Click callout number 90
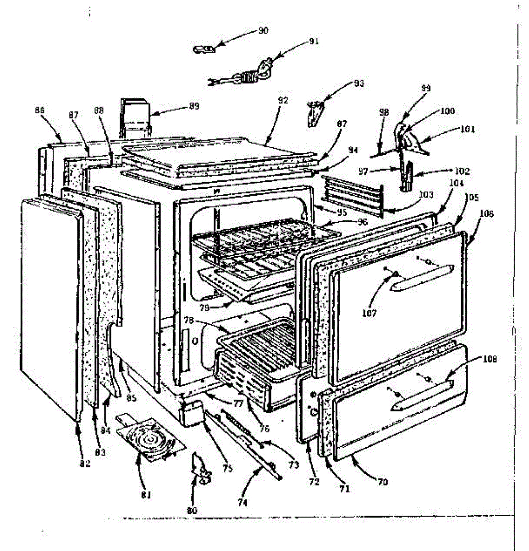(x=263, y=31)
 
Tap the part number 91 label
(x=314, y=41)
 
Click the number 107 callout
(x=369, y=313)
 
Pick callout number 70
(x=383, y=482)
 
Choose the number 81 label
(x=146, y=495)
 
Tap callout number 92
(x=283, y=100)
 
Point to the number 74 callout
(x=242, y=503)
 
